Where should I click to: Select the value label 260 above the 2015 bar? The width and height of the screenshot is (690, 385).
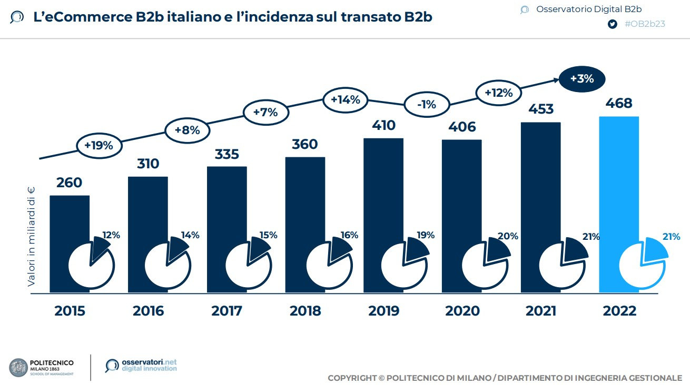pyautogui.click(x=70, y=183)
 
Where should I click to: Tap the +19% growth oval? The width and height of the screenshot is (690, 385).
pyautogui.click(x=98, y=146)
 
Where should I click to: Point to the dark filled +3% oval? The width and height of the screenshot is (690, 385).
pyautogui.click(x=582, y=79)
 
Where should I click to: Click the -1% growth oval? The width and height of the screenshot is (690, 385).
pyautogui.click(x=426, y=105)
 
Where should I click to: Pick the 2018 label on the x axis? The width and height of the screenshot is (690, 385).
pyautogui.click(x=305, y=311)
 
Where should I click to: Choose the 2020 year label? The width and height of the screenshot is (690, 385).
pyautogui.click(x=462, y=311)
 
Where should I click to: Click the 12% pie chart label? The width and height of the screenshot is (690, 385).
pyautogui.click(x=111, y=235)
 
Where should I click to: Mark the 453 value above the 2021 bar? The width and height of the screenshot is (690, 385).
pyautogui.click(x=541, y=109)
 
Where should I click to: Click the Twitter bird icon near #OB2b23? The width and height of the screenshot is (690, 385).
pyautogui.click(x=612, y=24)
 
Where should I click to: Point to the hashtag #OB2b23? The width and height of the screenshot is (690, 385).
pyautogui.click(x=644, y=24)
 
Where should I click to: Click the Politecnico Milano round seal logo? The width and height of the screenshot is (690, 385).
pyautogui.click(x=19, y=367)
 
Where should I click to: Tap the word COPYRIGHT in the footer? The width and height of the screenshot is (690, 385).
pyautogui.click(x=351, y=378)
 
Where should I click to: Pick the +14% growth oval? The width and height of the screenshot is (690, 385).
pyautogui.click(x=345, y=99)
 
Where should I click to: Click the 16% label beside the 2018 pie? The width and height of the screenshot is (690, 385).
pyautogui.click(x=349, y=235)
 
